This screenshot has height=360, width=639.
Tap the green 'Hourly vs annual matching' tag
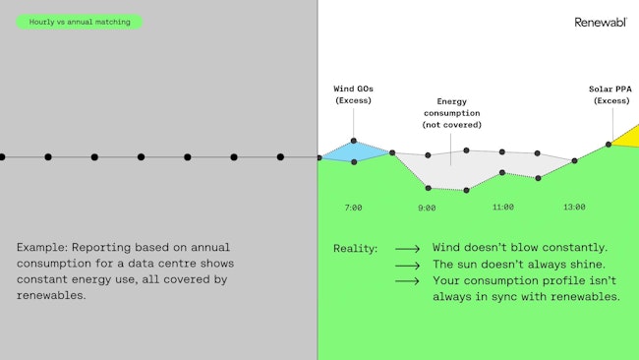coord(79,22)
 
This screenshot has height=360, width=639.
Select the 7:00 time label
coord(354,208)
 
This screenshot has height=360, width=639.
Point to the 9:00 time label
coord(427,208)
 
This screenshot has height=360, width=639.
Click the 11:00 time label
coord(502,208)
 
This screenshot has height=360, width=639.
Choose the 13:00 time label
coord(574,208)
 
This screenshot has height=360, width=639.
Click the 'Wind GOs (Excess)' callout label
coord(354,94)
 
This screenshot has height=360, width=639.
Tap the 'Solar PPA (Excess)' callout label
coord(611,94)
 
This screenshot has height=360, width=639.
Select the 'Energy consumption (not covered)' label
coord(452,113)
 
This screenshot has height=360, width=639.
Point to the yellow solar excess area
coord(629,138)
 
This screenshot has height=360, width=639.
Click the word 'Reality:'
coord(355,249)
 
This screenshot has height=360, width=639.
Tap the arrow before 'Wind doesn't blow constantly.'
coord(407,249)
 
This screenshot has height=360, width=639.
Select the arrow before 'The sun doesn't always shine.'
coord(407,266)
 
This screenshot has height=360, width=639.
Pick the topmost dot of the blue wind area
coord(354,141)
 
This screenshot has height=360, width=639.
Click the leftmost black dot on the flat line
coord(2,156)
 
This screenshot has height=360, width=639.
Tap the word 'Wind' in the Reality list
coord(449,248)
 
